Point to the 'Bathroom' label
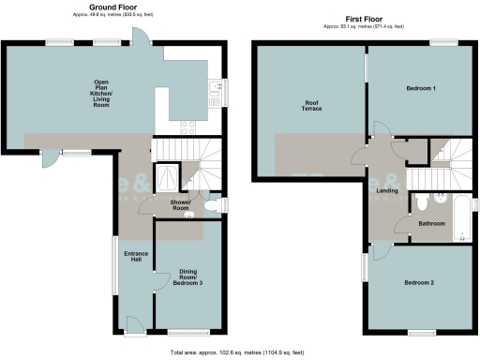[x=431, y=223]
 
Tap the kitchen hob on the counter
[x=187, y=128]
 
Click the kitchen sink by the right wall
[x=215, y=90]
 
